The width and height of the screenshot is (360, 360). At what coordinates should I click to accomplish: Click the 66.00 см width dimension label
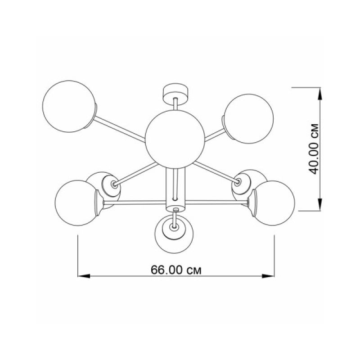[x=176, y=270]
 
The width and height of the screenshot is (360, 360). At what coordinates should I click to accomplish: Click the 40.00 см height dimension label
[x=314, y=149]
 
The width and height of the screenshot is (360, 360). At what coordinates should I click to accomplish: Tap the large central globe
[x=175, y=139]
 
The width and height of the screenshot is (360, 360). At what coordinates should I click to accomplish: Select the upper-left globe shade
[x=69, y=106]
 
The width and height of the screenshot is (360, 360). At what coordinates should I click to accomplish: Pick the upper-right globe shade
[x=249, y=118]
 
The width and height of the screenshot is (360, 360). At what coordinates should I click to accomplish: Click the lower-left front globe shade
[x=77, y=203]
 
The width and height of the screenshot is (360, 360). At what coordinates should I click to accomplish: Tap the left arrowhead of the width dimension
[x=84, y=276]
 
